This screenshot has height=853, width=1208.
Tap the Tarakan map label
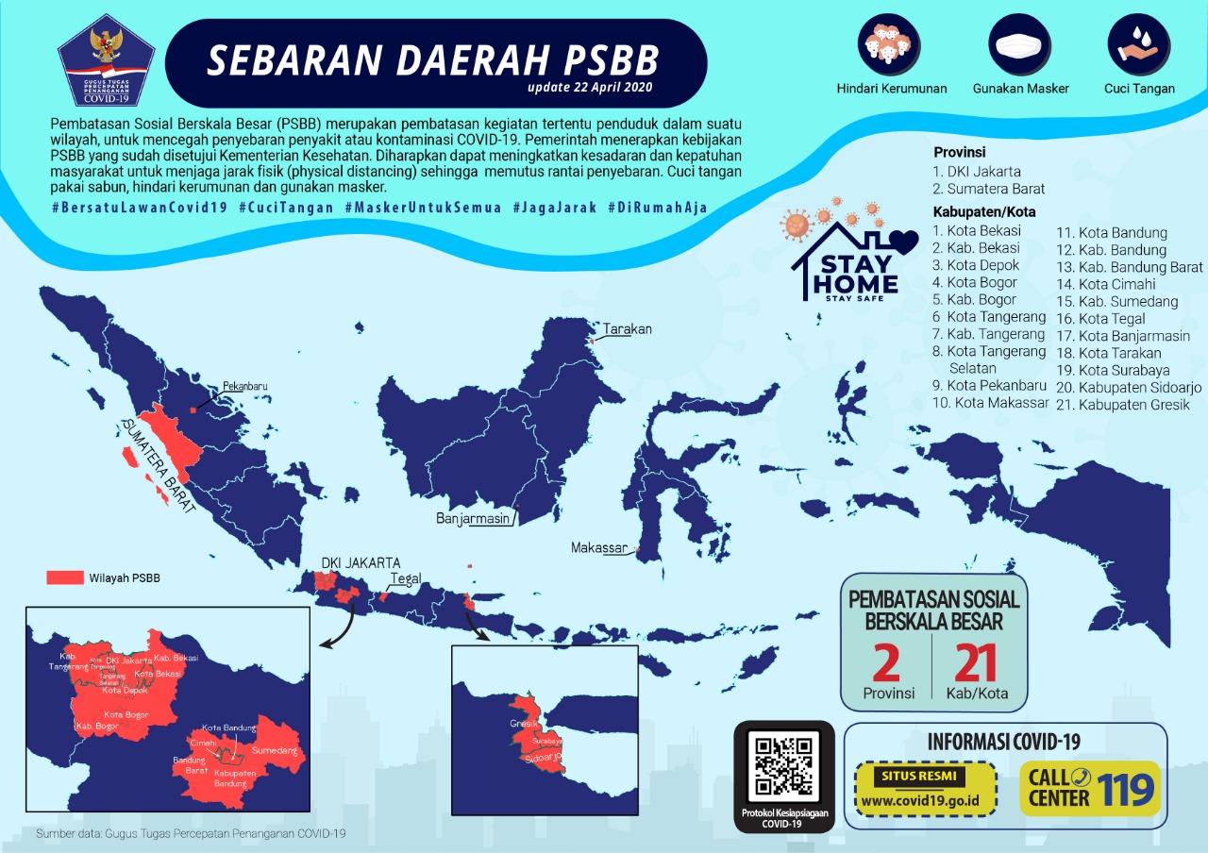[x=628, y=329]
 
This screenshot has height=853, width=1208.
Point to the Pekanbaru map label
[x=246, y=387]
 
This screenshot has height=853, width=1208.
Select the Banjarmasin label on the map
[x=473, y=519]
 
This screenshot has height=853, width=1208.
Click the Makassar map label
[x=599, y=548]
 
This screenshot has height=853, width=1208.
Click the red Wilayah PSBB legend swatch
[x=65, y=577]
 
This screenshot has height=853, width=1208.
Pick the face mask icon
[x=1020, y=43]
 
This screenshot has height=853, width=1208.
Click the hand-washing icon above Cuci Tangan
[x=1139, y=43]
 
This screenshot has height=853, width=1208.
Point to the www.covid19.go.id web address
[x=924, y=802]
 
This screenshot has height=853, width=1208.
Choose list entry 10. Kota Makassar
[x=990, y=403]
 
